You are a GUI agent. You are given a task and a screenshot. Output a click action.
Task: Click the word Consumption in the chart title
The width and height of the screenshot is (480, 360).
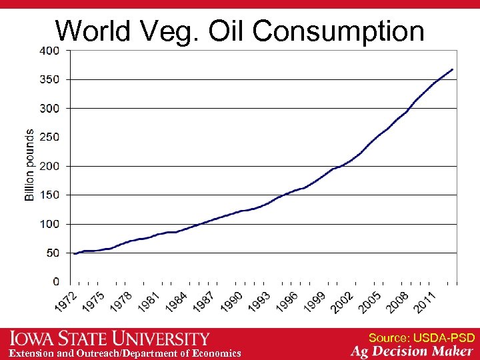(x=339, y=31)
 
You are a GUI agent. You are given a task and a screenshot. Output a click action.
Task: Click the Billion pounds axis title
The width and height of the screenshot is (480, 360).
(x=30, y=165)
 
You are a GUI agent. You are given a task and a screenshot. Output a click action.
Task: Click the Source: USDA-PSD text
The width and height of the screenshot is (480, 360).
(x=421, y=338)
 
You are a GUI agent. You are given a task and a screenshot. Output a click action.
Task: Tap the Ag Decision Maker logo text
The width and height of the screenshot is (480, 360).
(x=413, y=352)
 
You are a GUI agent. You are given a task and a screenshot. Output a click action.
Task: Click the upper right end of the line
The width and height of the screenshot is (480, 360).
(x=453, y=69)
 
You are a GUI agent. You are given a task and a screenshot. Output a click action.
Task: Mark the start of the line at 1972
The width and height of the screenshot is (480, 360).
(x=74, y=253)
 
